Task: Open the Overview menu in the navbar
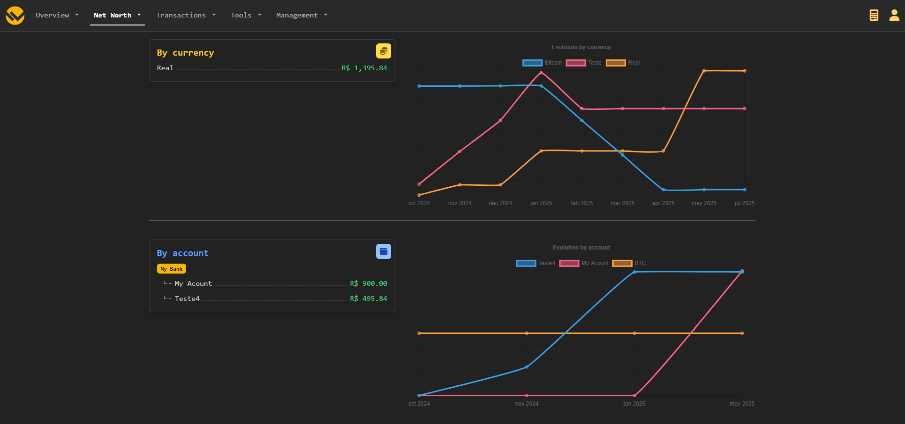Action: pos(57,15)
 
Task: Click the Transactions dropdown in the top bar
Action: pos(186,15)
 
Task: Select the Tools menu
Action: pos(246,15)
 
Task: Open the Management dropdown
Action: pos(301,15)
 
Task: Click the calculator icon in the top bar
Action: pos(874,15)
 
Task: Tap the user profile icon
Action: pos(894,15)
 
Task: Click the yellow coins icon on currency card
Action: pos(383,51)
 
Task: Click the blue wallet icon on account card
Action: pos(383,251)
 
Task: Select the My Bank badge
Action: pos(172,269)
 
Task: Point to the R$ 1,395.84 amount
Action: pos(364,68)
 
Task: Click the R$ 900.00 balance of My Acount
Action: pos(368,283)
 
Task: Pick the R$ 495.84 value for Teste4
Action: pos(368,299)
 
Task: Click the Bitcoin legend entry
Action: pos(543,63)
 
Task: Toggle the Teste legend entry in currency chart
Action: pos(584,63)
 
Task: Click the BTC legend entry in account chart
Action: pos(629,263)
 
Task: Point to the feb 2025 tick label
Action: pos(582,203)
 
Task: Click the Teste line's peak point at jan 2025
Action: pos(541,73)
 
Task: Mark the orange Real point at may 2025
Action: pos(704,71)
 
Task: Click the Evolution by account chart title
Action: pos(581,248)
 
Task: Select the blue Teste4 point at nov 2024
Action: pos(527,367)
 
